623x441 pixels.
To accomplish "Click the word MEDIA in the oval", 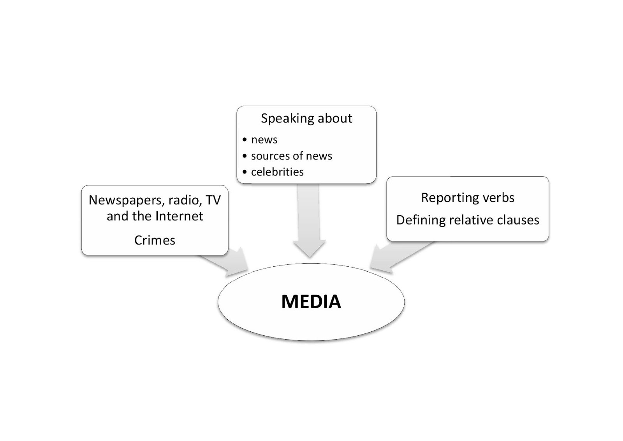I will pos(311,302).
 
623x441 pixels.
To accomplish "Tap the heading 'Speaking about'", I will pos(306,118).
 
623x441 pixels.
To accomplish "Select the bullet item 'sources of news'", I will pos(291,156).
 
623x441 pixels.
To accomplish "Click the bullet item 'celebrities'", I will pos(277,172).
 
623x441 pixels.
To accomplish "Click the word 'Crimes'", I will pos(155,240).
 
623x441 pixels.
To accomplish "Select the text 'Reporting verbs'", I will pos(467,198).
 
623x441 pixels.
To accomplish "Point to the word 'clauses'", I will pos(517,220).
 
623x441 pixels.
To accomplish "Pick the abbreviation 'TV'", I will pos(213,200).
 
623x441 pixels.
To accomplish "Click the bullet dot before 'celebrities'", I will pos(245,172).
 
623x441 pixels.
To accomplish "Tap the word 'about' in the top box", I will pos(335,118).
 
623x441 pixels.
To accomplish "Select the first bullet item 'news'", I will pos(264,140).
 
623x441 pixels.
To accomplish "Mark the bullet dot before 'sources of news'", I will pos(245,156).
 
